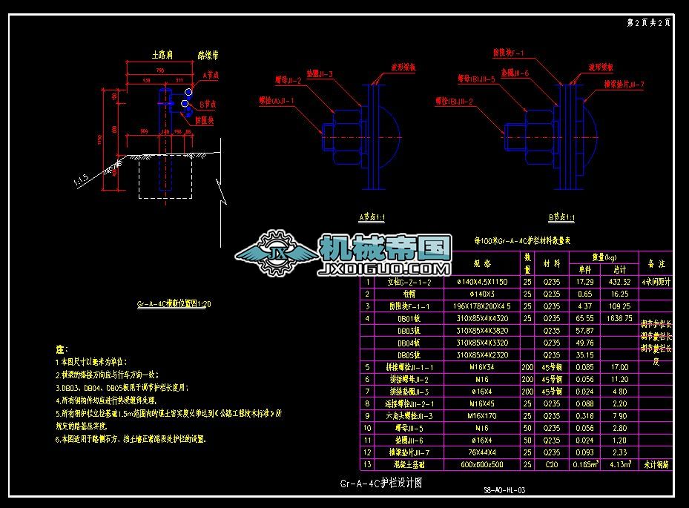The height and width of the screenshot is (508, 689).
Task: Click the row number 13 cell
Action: point(367,464)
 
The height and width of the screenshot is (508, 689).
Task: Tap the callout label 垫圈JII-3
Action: point(318,74)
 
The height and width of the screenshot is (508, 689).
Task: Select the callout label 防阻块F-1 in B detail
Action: point(509,53)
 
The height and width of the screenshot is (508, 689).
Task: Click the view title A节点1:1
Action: point(372,217)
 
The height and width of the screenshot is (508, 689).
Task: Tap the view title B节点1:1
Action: point(561,217)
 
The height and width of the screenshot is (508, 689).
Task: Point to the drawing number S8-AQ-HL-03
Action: point(504,490)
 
